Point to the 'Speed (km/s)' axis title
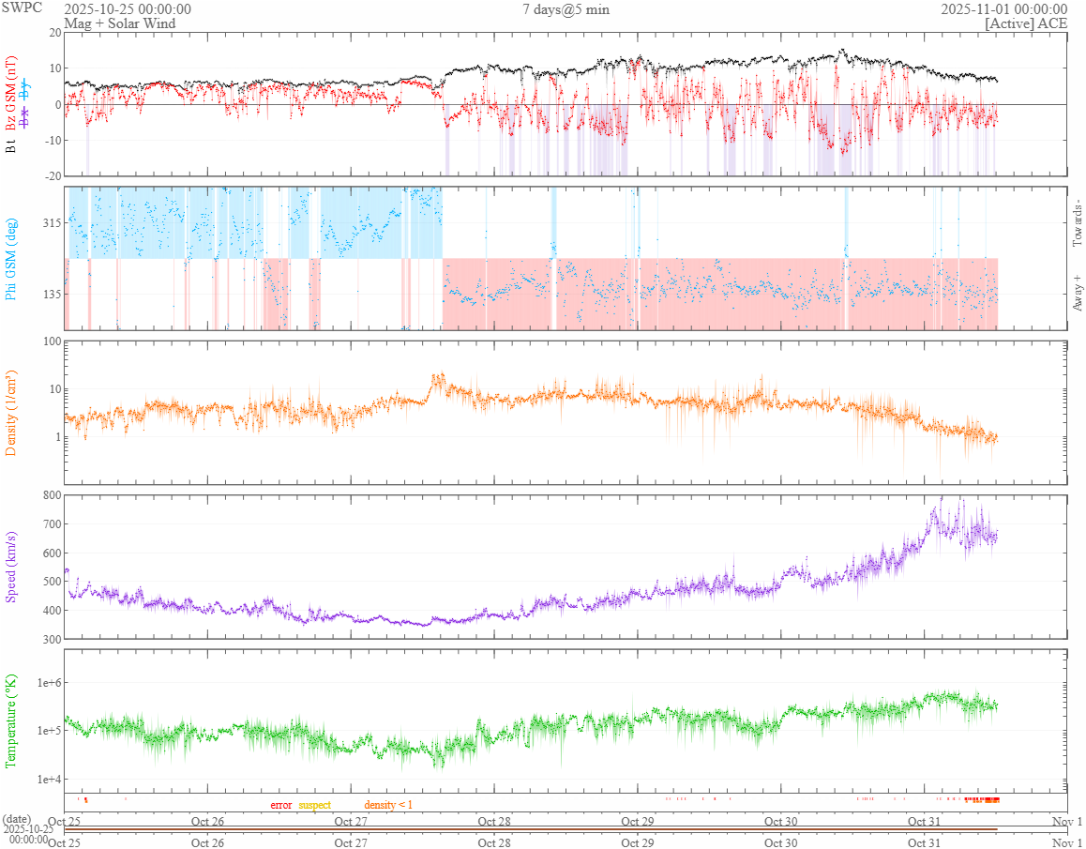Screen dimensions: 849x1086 [x=11, y=567]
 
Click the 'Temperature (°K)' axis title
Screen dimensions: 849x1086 [x=11, y=720]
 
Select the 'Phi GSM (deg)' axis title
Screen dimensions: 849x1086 [x=11, y=258]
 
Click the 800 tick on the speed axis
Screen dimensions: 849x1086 [x=50, y=495]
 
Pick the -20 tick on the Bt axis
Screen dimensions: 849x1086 [x=50, y=175]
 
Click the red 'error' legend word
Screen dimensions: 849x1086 [x=281, y=805]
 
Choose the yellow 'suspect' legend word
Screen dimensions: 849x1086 [x=314, y=805]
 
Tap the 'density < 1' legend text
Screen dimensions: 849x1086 [x=388, y=805]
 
